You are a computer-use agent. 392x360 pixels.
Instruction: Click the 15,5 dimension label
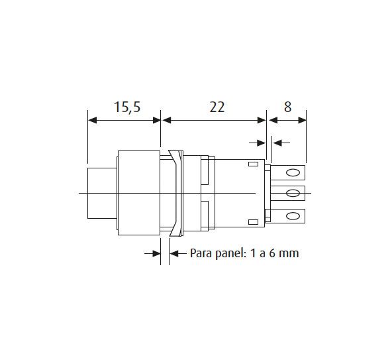tap(127, 107)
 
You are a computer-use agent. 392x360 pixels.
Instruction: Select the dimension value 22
tap(217, 107)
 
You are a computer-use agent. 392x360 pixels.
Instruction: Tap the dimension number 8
tap(288, 107)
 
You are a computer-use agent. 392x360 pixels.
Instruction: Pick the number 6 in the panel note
tap(273, 253)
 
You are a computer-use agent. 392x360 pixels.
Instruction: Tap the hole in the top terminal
tap(293, 173)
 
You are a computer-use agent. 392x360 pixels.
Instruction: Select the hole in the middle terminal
tap(293, 193)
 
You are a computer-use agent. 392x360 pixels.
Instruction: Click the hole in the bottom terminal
tap(293, 216)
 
